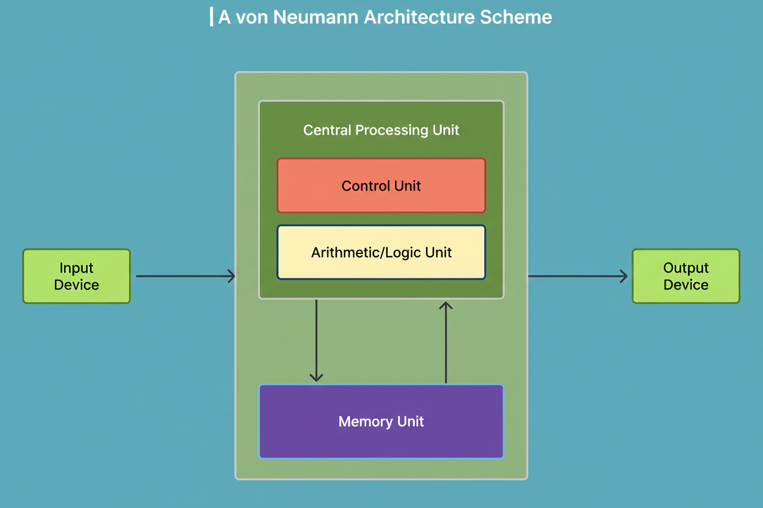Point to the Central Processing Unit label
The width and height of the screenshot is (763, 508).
381,130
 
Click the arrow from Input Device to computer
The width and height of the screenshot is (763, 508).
183,277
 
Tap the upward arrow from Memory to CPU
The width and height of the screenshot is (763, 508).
446,342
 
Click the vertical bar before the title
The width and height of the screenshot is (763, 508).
212,16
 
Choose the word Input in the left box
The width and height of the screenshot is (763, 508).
76,268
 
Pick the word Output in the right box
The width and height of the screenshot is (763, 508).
685,268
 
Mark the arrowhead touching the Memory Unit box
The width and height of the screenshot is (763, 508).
316,377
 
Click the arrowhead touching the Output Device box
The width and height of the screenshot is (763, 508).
624,277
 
